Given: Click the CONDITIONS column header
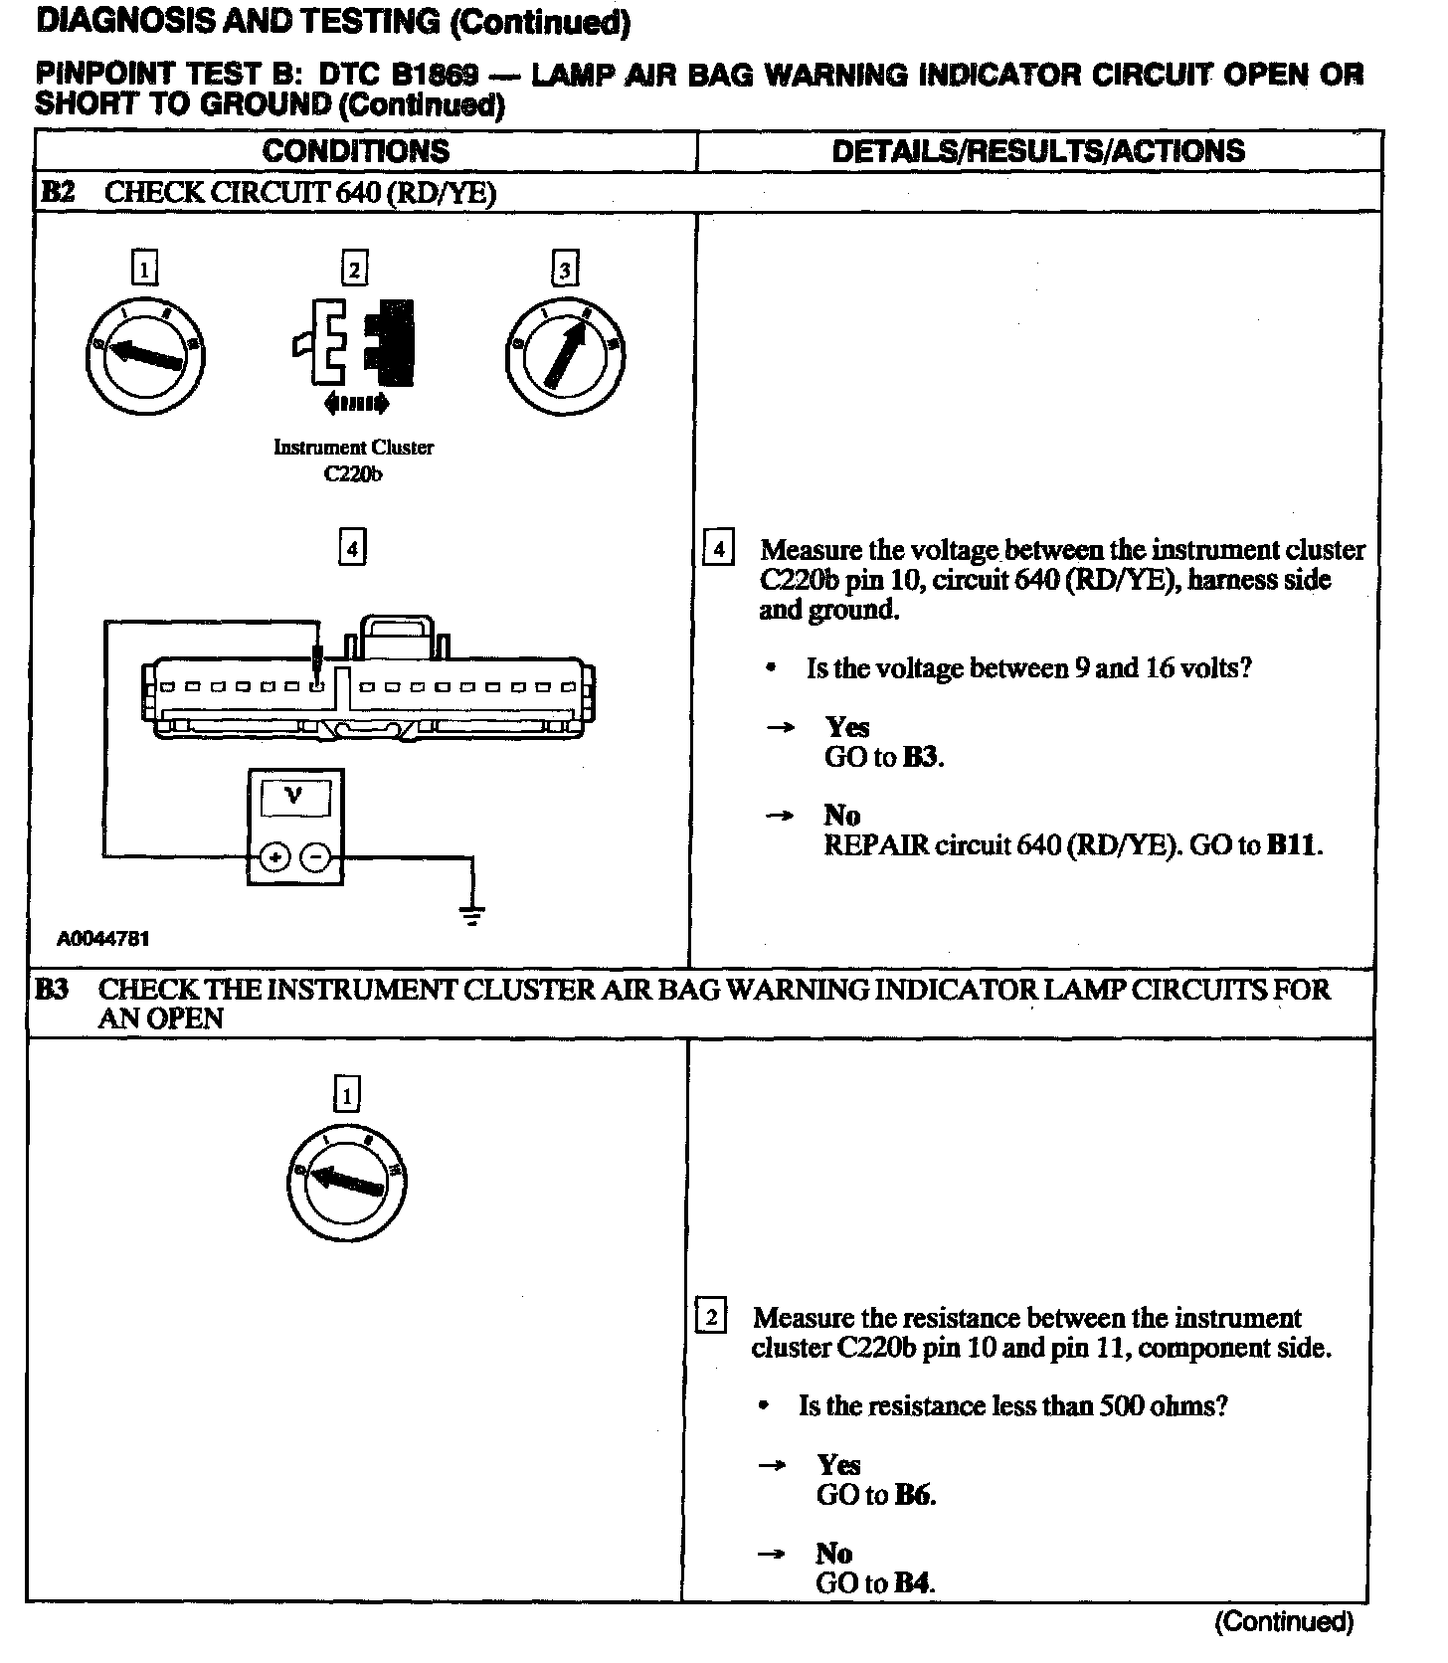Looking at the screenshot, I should click(356, 151).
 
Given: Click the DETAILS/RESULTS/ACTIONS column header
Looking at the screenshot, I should click(1038, 151).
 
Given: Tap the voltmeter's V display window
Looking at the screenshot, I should click(294, 797).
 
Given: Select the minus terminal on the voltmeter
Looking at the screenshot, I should click(315, 855).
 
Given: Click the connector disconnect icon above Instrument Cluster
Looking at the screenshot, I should click(354, 343).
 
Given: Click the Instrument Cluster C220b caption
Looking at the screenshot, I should click(353, 461).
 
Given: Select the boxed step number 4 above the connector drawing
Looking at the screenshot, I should click(352, 548).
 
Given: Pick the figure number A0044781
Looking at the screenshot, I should click(103, 938).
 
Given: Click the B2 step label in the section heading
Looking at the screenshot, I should click(58, 192).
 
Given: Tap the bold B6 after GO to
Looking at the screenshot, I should click(913, 1494).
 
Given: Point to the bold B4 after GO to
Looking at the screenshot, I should click(912, 1582).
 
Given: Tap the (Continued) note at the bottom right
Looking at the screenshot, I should click(1283, 1622).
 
